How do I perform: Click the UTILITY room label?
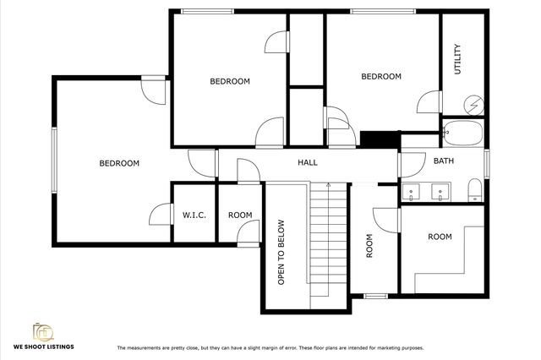click(x=457, y=58)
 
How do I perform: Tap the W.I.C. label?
click(x=194, y=215)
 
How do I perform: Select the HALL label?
click(x=307, y=161)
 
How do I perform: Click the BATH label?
click(x=443, y=161)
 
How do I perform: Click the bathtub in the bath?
click(x=462, y=133)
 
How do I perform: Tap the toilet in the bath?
click(x=474, y=189)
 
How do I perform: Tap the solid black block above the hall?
click(x=379, y=139)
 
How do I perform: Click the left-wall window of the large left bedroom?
click(x=54, y=163)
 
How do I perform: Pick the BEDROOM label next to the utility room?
click(x=380, y=77)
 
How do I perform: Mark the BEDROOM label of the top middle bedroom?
click(x=230, y=81)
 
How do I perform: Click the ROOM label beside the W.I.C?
click(x=240, y=215)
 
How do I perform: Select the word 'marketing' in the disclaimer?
click(x=380, y=347)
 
